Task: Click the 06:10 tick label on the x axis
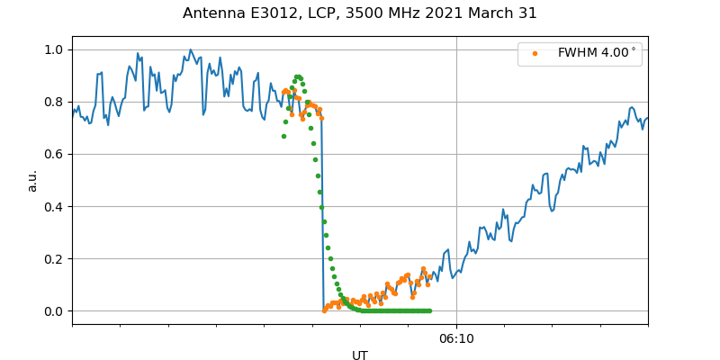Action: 456,339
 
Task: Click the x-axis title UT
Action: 360,355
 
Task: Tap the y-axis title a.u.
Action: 32,180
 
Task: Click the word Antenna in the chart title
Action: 212,13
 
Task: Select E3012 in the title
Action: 273,13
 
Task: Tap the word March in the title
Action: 487,13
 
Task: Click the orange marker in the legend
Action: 535,53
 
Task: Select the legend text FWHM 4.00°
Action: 597,53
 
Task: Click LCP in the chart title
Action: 321,13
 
